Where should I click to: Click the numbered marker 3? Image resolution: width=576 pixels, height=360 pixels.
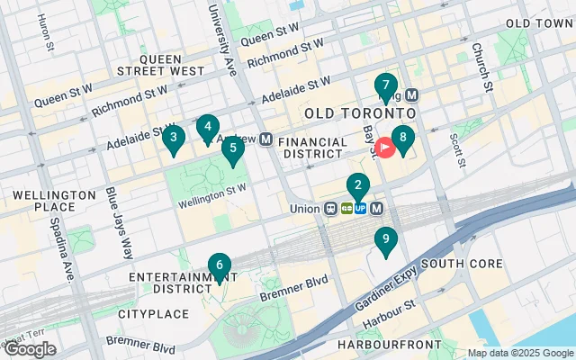[x=173, y=138]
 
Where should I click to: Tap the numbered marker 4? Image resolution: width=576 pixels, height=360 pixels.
[x=208, y=128]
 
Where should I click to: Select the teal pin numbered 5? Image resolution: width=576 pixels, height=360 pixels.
[x=233, y=148]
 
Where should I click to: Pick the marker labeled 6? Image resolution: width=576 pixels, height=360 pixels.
[x=219, y=265]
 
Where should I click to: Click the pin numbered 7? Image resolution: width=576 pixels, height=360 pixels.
[x=386, y=86]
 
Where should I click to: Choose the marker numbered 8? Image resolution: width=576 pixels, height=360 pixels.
[x=403, y=139]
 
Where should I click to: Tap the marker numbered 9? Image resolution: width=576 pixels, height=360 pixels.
[x=386, y=239]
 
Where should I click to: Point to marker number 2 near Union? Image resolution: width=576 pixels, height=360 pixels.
[x=358, y=186]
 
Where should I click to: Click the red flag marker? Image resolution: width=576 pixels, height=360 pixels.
[x=385, y=146]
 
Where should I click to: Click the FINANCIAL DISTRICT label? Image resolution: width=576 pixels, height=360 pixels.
[x=312, y=148]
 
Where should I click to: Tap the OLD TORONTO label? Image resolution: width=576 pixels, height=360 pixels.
[x=360, y=114]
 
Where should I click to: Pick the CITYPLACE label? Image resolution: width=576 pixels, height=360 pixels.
[x=154, y=314]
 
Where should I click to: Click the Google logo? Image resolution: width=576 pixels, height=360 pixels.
[x=30, y=349]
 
